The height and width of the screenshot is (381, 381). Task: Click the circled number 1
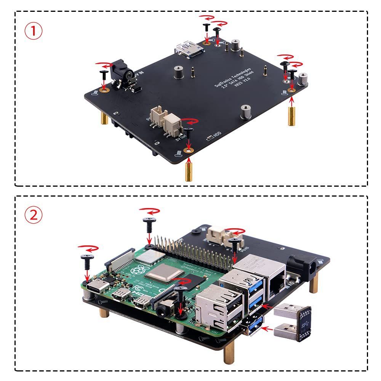pyautogui.click(x=34, y=31)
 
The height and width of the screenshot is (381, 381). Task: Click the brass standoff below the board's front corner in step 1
pyautogui.click(x=188, y=170)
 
